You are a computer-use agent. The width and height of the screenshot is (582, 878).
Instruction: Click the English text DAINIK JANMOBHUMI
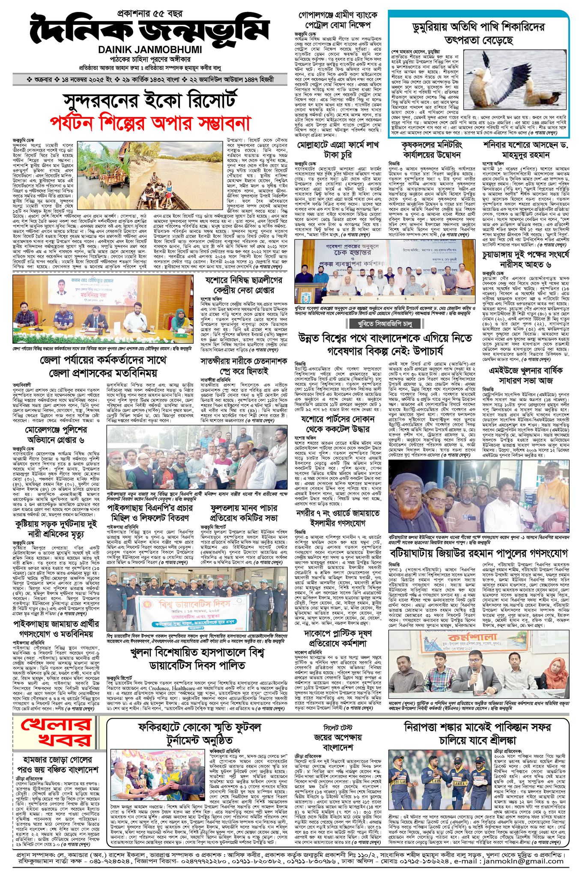pyautogui.click(x=150, y=50)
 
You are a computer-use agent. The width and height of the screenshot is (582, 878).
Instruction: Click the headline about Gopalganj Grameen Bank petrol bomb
pyautogui.click(x=338, y=20)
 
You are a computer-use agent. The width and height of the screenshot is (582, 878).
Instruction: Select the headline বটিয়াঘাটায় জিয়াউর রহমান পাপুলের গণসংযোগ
pyautogui.click(x=478, y=551)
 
